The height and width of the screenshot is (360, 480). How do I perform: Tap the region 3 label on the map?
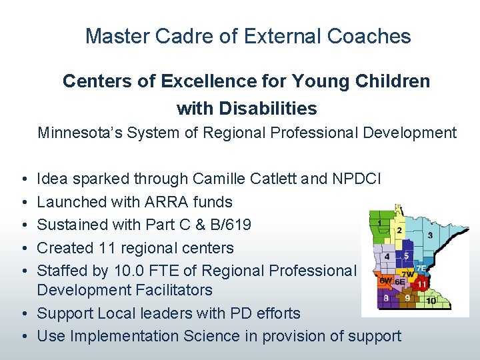coord(430,235)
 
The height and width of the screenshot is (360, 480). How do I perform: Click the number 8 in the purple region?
coord(387,298)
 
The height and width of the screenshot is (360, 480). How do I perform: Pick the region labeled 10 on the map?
coord(431,301)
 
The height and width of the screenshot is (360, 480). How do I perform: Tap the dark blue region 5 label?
coord(406,255)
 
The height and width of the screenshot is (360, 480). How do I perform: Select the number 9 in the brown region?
coord(407,298)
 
